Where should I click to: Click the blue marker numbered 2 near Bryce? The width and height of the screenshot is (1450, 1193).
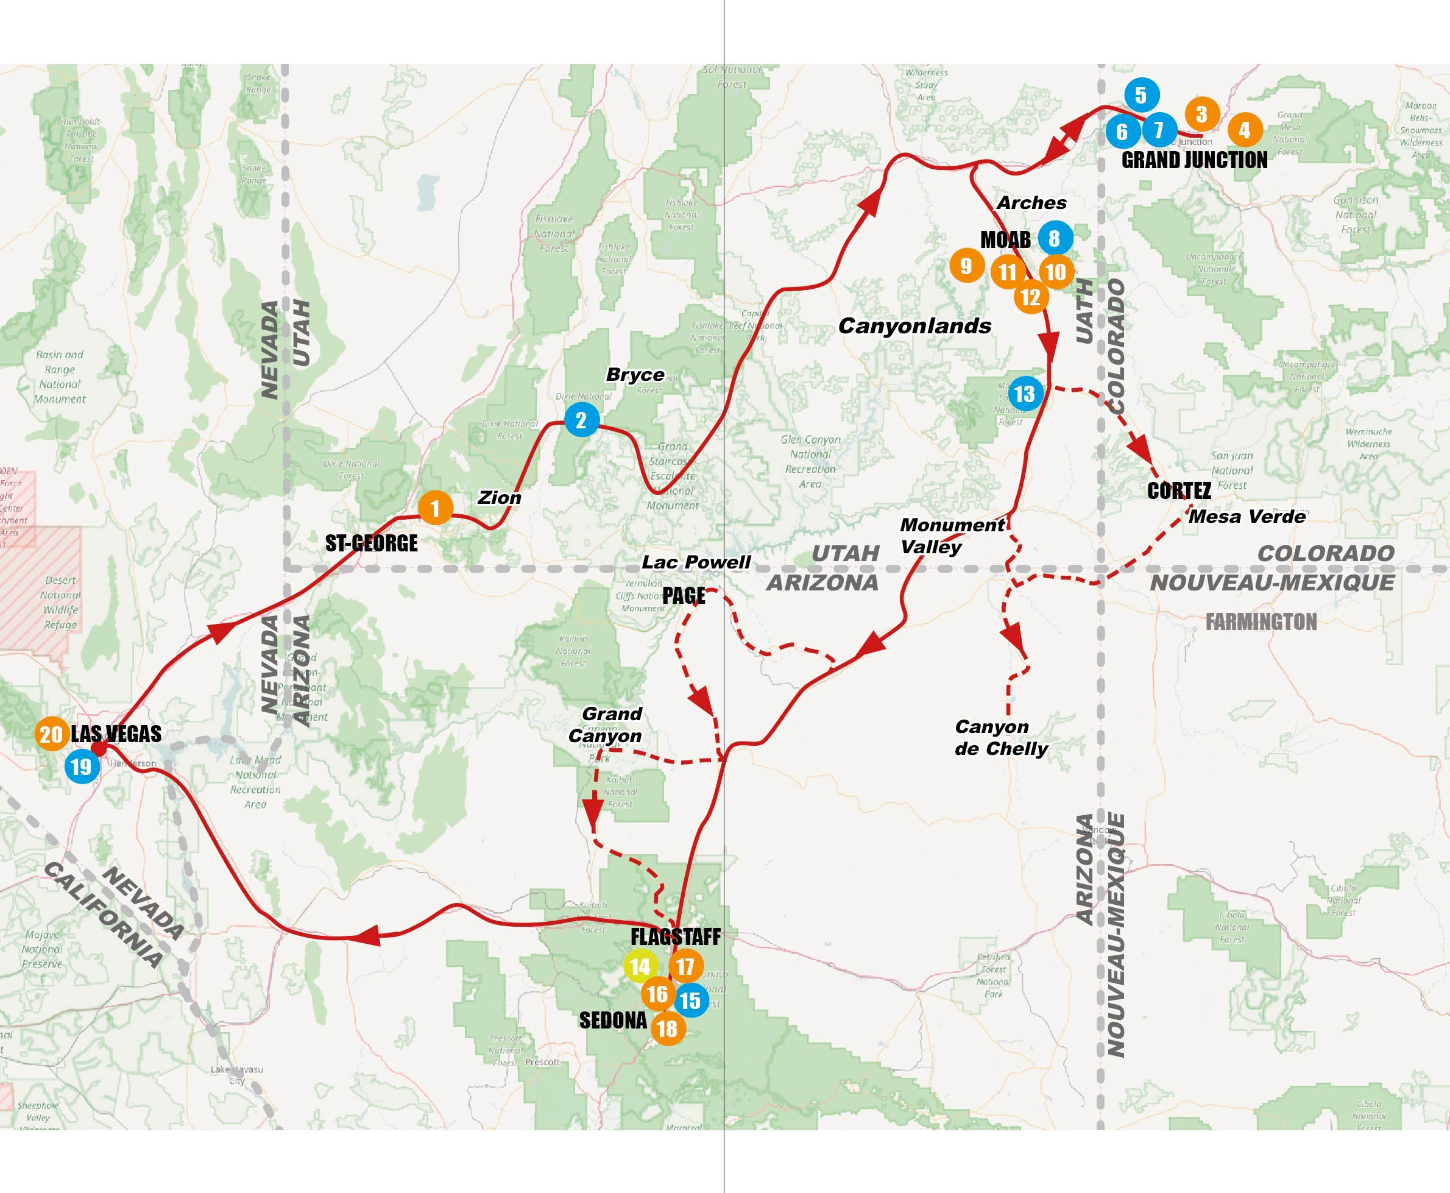tap(581, 419)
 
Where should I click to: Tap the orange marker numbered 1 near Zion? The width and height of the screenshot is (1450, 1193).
tap(435, 508)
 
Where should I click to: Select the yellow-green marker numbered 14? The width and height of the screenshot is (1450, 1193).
tap(640, 966)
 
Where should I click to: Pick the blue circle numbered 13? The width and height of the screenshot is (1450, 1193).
tap(1025, 394)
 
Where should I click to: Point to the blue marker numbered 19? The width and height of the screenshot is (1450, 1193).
tap(82, 766)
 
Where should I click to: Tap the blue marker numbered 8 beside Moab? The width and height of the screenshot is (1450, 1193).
tap(1055, 238)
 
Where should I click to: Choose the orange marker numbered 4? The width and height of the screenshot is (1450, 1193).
tap(1245, 129)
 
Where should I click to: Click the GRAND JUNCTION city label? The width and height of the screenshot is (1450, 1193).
tap(1194, 160)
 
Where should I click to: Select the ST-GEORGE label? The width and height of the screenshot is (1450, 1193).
tap(371, 543)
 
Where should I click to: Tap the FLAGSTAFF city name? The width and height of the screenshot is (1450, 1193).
tap(676, 936)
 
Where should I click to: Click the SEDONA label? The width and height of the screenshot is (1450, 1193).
tap(613, 1021)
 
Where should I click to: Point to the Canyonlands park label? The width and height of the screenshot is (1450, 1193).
tap(914, 326)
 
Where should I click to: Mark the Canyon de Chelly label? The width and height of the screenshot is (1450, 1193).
tap(1000, 737)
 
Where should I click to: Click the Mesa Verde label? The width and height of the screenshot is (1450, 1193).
tap(1247, 516)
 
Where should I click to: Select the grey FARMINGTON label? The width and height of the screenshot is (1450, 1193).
tap(1261, 622)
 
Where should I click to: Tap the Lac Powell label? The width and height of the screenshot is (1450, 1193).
tap(696, 562)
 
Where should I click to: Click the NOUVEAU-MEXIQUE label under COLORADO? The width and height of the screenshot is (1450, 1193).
tap(1272, 582)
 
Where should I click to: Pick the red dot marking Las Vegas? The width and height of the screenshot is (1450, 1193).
tap(99, 748)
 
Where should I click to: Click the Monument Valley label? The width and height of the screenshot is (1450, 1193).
tap(951, 536)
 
